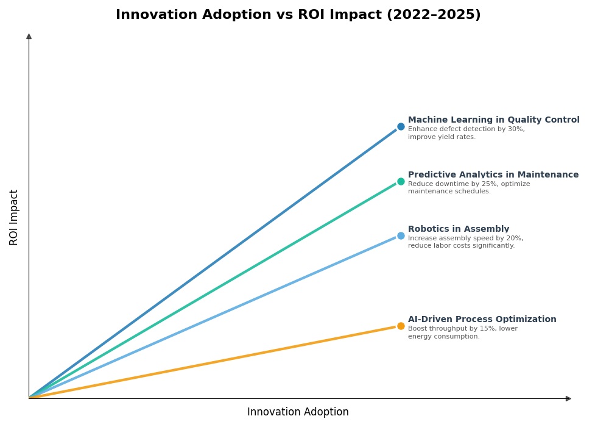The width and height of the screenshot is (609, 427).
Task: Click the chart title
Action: pyautogui.click(x=298, y=15)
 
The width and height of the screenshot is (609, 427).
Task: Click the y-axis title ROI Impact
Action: pyautogui.click(x=14, y=217)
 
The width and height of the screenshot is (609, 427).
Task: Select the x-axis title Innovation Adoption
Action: pyautogui.click(x=298, y=412)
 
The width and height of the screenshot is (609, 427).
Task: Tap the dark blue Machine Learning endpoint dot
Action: pyautogui.click(x=401, y=127)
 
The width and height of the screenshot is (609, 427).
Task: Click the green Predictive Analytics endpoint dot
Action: pyautogui.click(x=401, y=181)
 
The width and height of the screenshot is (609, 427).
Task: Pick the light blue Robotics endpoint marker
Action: pyautogui.click(x=401, y=236)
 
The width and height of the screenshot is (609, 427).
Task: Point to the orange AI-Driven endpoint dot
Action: pyautogui.click(x=401, y=326)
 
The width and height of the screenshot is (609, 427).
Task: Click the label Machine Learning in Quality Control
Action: pyautogui.click(x=493, y=120)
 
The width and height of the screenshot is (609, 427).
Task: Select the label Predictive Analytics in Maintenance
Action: pyautogui.click(x=493, y=175)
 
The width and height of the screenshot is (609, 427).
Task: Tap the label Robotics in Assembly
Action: pyautogui.click(x=458, y=229)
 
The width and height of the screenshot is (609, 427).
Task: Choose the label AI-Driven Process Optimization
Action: pyautogui.click(x=482, y=320)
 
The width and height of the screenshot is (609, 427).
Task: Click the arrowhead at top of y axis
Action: pyautogui.click(x=29, y=37)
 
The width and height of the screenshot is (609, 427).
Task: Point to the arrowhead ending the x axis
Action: pyautogui.click(x=568, y=399)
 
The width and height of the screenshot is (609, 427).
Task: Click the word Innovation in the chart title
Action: pyautogui.click(x=152, y=15)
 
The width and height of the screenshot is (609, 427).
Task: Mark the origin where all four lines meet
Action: pyautogui.click(x=29, y=398)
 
